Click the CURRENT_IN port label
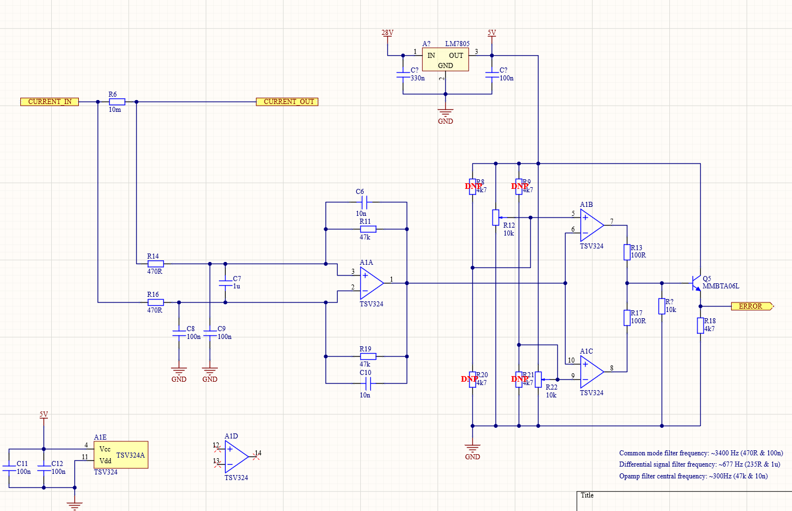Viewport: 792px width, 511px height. [x=50, y=102]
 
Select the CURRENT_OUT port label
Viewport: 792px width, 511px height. [x=287, y=102]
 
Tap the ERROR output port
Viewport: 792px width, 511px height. [x=752, y=306]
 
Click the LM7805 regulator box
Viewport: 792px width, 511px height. [x=445, y=60]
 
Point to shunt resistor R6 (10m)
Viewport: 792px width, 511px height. [x=117, y=102]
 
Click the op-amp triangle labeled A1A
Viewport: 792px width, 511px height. [x=371, y=283]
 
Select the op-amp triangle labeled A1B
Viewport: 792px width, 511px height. [x=591, y=225]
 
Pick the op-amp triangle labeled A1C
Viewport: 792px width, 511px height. [x=591, y=372]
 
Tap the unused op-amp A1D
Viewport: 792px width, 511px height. [x=236, y=457]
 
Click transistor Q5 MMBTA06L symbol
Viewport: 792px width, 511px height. [x=697, y=283]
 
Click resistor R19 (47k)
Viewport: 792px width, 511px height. [x=368, y=356]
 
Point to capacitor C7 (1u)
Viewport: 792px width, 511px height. [x=225, y=283]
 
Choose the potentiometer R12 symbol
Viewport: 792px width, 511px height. [x=495, y=218]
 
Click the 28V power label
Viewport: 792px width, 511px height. [x=387, y=33]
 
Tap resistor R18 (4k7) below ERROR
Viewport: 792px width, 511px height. [x=700, y=325]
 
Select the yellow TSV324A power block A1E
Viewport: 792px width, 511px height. [x=122, y=455]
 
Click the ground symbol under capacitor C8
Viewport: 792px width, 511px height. [x=179, y=372]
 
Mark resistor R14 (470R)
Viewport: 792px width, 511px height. [x=155, y=264]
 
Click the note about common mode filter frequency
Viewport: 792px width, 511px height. [x=701, y=453]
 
